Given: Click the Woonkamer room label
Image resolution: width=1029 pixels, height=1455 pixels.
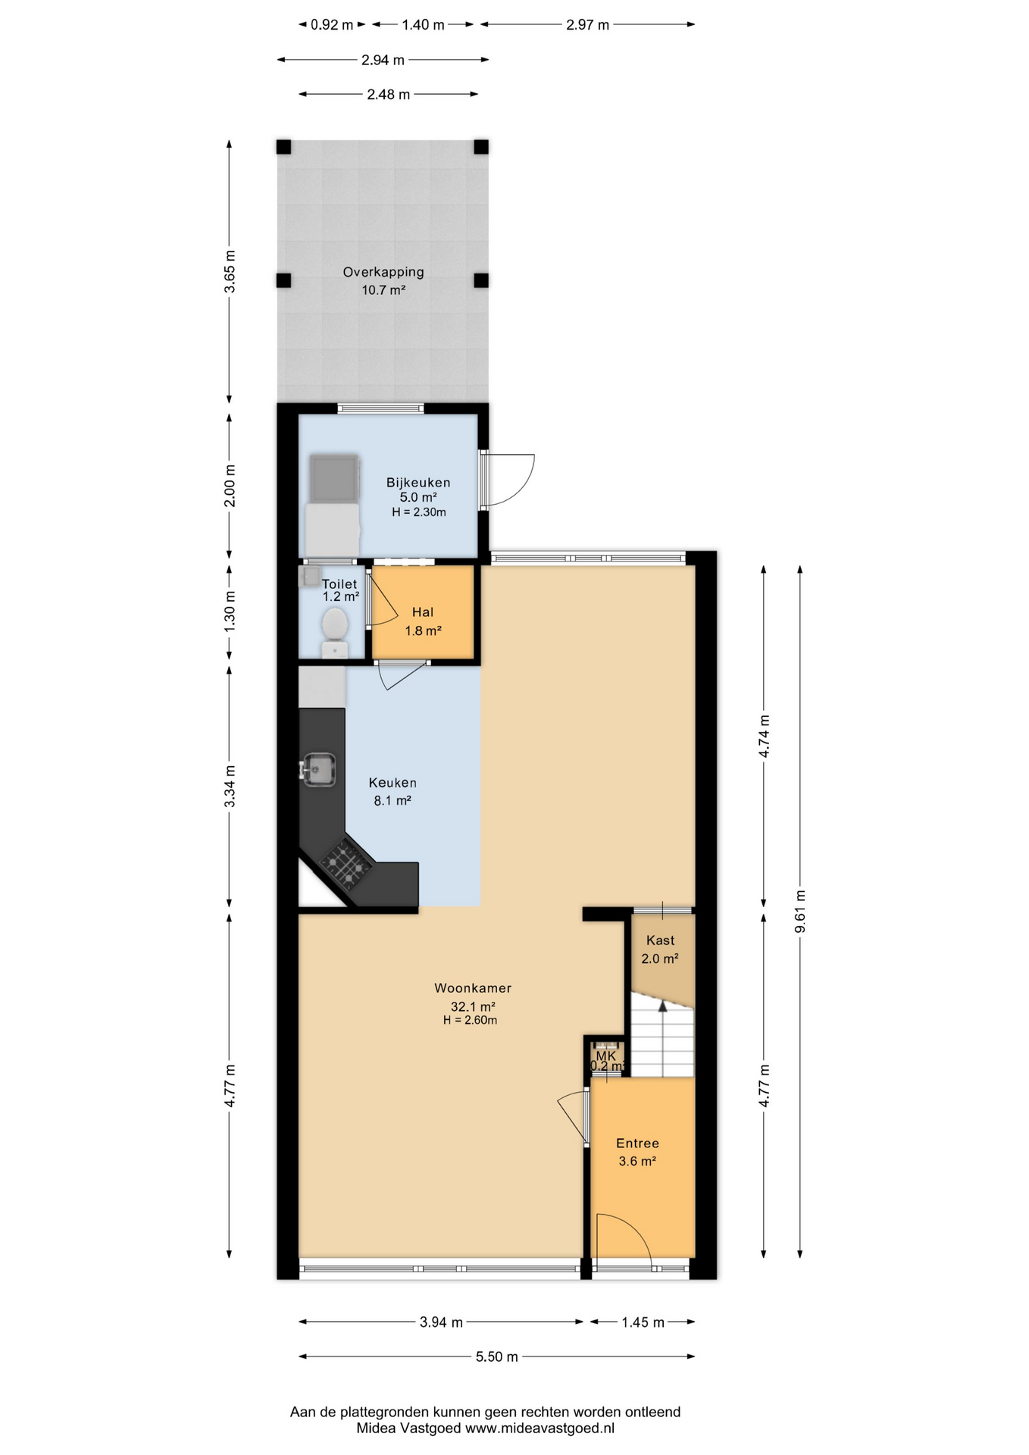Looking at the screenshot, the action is coord(473,988).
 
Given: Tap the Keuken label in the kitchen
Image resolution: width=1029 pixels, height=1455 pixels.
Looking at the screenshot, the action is coord(393,783).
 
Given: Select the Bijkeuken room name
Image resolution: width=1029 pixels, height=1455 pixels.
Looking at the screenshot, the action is coord(418,483).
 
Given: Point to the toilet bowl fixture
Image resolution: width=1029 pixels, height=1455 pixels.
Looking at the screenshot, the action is coord(334,632).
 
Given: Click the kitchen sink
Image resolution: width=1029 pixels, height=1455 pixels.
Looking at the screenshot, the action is coord(319,769).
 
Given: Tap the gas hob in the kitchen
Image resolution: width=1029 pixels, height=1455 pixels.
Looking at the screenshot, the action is coord(346,865).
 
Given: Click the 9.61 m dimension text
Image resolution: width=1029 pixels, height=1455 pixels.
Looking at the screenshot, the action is coord(800,912).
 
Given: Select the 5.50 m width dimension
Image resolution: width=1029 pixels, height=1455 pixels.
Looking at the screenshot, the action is coord(497,1356).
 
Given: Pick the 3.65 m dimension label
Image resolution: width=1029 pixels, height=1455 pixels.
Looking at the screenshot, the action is coord(230,271).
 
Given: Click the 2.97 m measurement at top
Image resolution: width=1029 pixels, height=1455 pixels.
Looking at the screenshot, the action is coord(587,25).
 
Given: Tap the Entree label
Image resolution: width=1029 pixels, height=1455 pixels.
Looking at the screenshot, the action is coord(637,1144).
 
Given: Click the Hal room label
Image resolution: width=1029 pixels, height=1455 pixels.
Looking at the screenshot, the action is coord(423,612).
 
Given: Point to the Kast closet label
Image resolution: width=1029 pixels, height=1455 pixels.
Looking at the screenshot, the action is coord(660,940).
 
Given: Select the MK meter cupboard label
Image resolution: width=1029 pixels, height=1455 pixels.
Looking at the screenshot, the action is coord(606,1056).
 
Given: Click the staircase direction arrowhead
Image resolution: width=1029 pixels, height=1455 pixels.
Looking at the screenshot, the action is coord(663,1006).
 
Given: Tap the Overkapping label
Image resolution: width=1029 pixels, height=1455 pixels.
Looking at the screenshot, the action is coord(383,272).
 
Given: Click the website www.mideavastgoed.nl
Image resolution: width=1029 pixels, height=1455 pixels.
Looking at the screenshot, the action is coord(540,1428).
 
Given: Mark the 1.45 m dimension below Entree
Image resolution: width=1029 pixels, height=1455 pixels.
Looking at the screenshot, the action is coord(643,1322).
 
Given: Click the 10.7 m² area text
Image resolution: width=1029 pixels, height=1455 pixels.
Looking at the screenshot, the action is coord(383,290).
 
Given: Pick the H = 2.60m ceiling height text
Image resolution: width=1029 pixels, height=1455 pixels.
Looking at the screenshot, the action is coord(471,1020).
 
